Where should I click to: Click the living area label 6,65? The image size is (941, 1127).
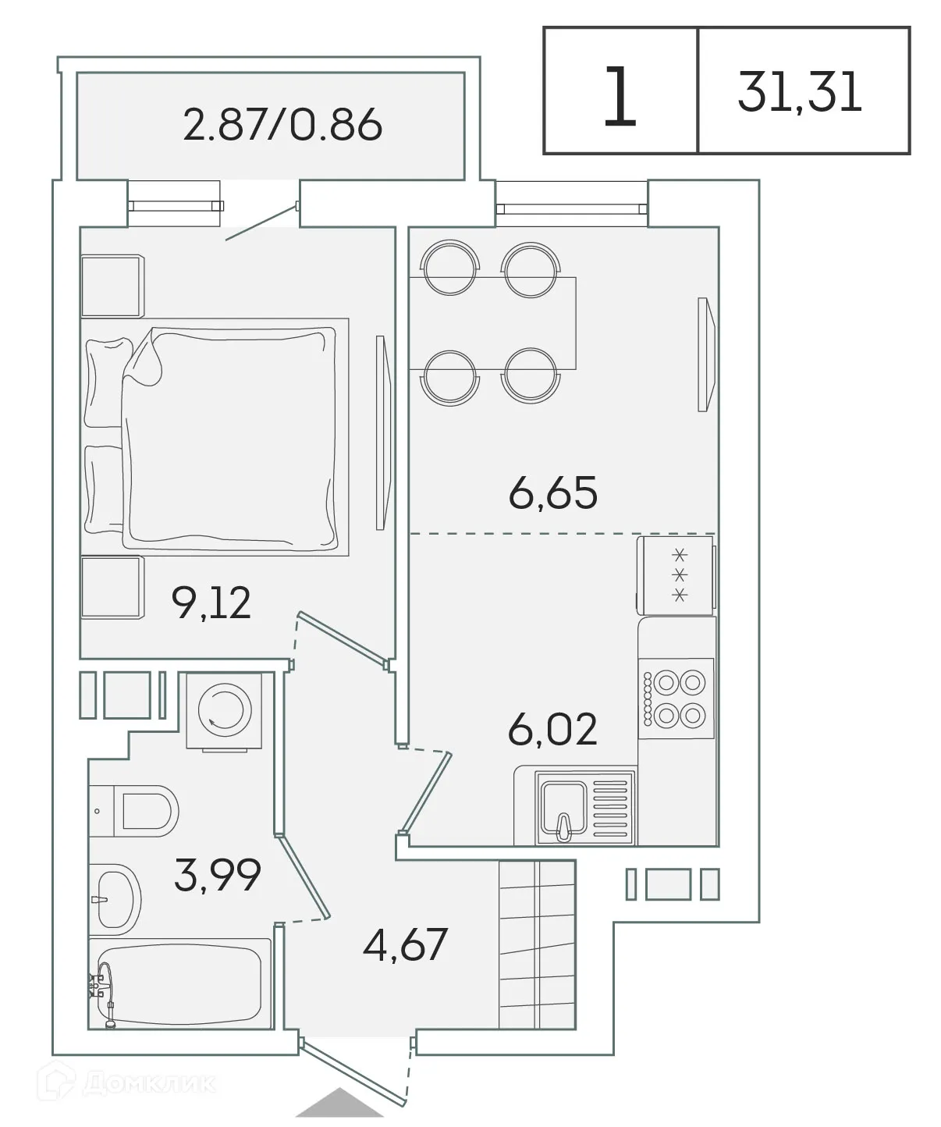(x=552, y=492)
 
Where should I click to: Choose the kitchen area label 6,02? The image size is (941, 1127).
(x=552, y=729)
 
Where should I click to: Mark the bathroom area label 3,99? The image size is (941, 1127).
(x=217, y=875)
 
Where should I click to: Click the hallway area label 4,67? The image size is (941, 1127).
(x=405, y=944)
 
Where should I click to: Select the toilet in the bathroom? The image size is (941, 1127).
(x=144, y=810)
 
